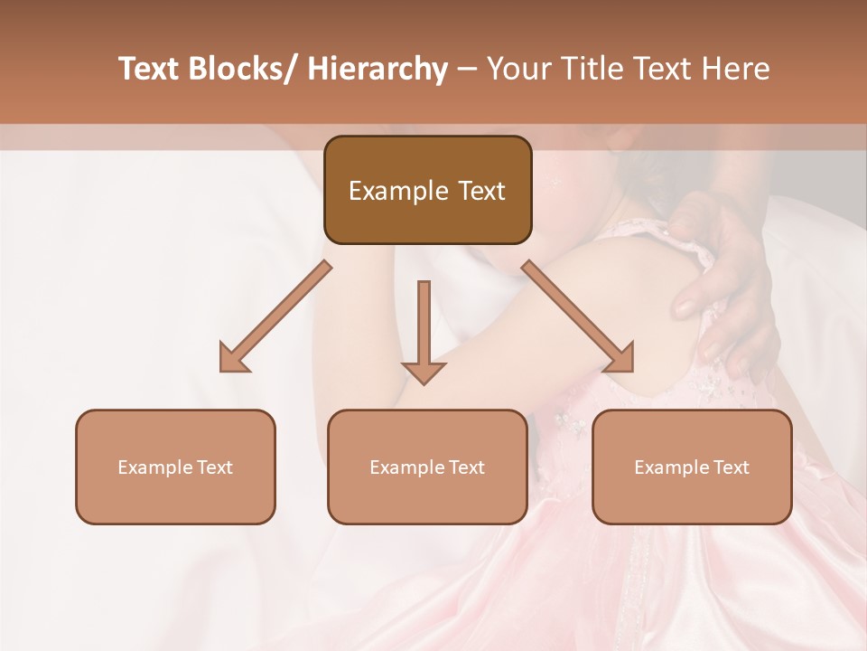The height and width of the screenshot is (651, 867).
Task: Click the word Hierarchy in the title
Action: pos(377,70)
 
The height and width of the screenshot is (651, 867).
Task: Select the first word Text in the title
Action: pos(149,70)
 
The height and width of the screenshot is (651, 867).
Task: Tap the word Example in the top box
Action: pos(398,192)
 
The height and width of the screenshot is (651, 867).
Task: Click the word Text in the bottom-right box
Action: pos(730,467)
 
